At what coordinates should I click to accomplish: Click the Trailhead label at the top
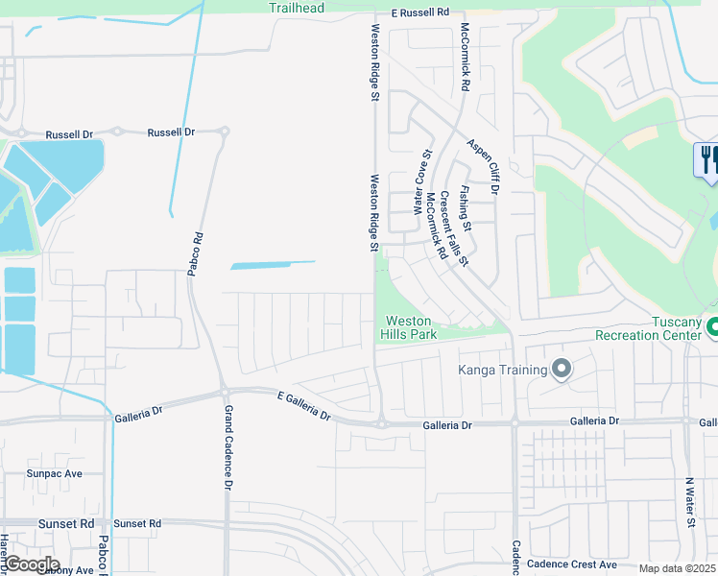[x=296, y=8]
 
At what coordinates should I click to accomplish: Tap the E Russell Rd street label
[x=420, y=12]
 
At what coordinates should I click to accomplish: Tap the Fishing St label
[x=465, y=208]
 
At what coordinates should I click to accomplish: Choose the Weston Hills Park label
[x=412, y=327]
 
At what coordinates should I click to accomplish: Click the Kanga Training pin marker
[x=562, y=369]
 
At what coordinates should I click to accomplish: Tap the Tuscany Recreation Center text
[x=648, y=328]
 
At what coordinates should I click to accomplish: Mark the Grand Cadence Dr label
[x=228, y=447]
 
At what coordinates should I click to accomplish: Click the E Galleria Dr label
[x=303, y=405]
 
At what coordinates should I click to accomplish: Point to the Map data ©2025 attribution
[x=676, y=568]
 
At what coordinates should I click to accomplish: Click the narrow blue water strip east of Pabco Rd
[x=273, y=264]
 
